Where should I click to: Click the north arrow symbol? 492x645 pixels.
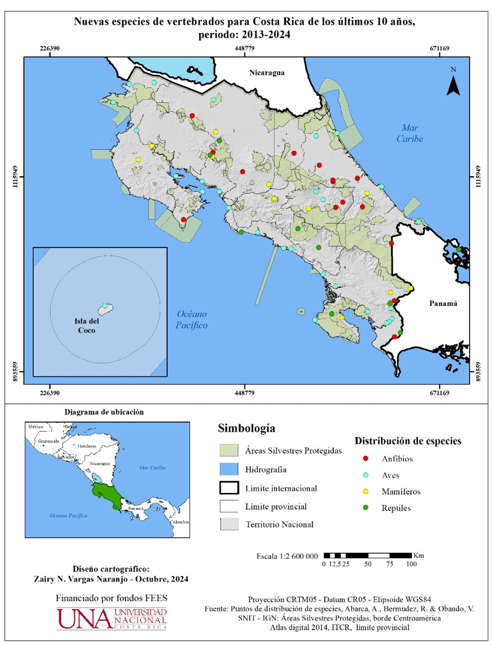(x=453, y=84)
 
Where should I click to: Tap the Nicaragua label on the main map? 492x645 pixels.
(x=267, y=73)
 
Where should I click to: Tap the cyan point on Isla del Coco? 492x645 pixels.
(x=105, y=307)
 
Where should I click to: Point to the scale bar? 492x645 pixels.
(x=367, y=555)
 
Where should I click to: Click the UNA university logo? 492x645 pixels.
(x=112, y=618)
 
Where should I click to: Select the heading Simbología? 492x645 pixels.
(x=247, y=428)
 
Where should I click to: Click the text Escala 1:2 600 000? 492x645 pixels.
(x=287, y=556)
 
